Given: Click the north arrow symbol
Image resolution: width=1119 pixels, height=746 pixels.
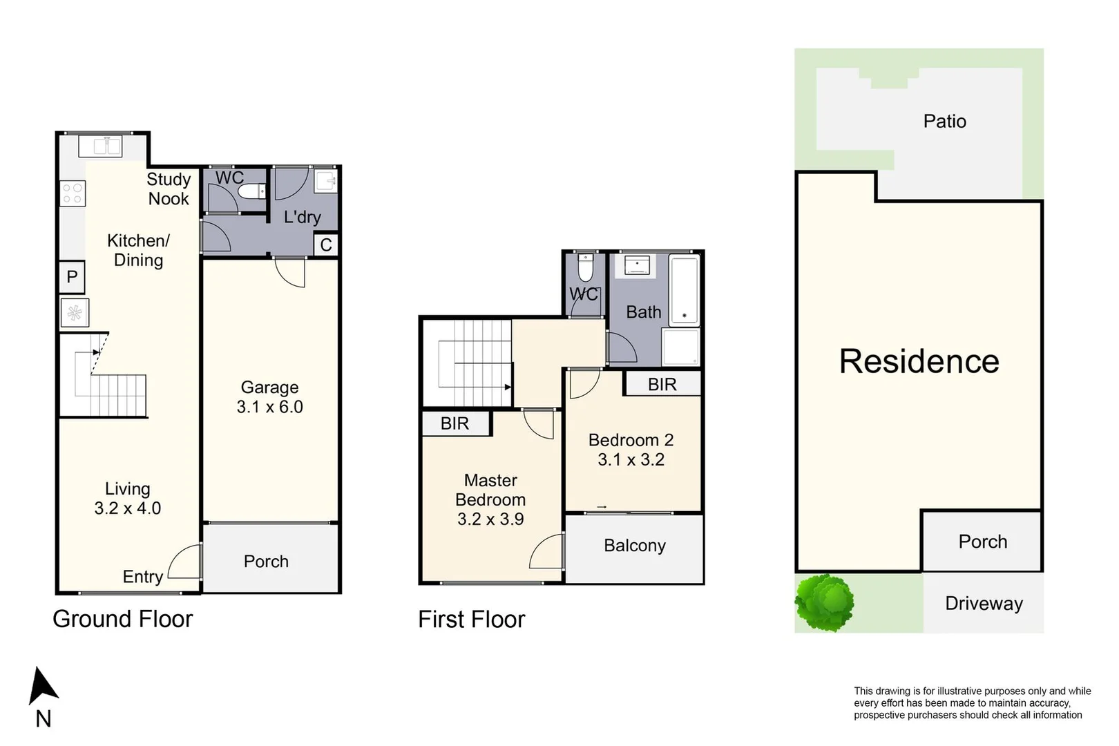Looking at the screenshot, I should tap(43, 686).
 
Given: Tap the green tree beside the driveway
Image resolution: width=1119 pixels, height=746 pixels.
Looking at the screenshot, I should tap(824, 602).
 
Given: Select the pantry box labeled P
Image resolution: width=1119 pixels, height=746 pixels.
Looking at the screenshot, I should tap(72, 277).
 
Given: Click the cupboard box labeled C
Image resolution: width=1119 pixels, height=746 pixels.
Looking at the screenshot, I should tap(326, 245).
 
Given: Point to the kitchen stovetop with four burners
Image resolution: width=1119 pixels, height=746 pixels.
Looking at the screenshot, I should tap(73, 193).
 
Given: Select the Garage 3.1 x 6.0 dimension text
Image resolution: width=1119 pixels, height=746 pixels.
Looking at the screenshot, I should tap(269, 407).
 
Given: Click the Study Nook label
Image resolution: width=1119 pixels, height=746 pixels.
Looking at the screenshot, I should tap(169, 189).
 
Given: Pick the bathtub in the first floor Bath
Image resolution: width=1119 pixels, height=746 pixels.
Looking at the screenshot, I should tap(685, 290).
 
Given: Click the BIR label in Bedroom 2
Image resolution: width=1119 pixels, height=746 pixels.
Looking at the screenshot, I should tap(662, 385).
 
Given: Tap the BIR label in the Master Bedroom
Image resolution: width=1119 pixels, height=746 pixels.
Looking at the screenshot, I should tap(455, 423).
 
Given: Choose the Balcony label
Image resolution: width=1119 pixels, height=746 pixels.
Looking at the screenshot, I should tap(634, 546).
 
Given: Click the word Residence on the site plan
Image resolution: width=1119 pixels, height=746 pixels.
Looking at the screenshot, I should tap(919, 361).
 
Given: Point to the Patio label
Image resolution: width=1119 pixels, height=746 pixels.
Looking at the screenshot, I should tap(944, 122).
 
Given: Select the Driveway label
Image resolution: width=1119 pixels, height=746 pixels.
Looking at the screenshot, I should tap(983, 604).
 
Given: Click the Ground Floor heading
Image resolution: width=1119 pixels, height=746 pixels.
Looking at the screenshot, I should tap(123, 619).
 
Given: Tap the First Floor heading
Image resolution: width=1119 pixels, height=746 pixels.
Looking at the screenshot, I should tap(471, 619).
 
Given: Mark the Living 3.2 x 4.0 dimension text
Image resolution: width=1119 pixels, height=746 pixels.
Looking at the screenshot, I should tap(127, 508).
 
